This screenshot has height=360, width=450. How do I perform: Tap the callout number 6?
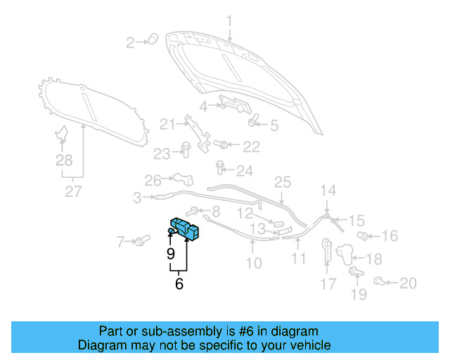pyautogui.click(x=179, y=284)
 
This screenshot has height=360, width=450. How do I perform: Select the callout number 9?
pyautogui.click(x=171, y=254)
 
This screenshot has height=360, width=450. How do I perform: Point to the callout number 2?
pyautogui.click(x=130, y=44)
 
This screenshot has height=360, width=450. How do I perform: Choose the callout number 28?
pyautogui.click(x=64, y=161)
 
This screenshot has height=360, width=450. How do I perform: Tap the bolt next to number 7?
pyautogui.click(x=141, y=242)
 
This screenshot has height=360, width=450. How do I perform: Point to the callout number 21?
pyautogui.click(x=167, y=125)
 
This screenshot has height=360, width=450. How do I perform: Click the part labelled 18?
pyautogui.click(x=344, y=252)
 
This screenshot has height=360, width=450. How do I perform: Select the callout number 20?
pyautogui.click(x=408, y=283)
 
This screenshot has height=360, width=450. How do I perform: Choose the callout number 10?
pyautogui.click(x=253, y=263)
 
